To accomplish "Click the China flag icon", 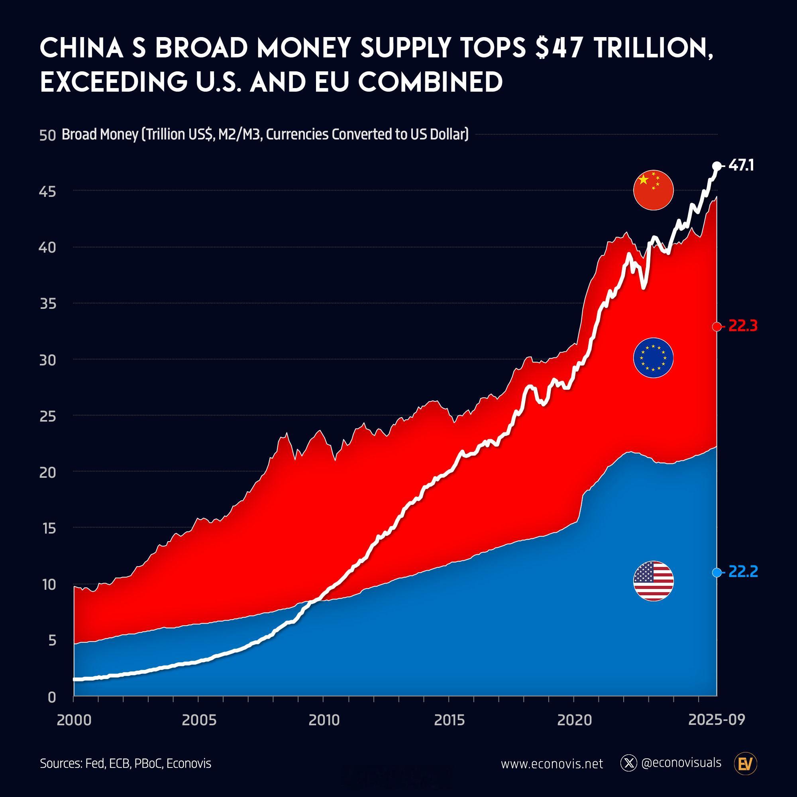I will [653, 190].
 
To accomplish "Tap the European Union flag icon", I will [653, 358].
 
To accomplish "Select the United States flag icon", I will [653, 581].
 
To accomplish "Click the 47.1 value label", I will [741, 166].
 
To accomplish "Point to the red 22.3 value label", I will [742, 326].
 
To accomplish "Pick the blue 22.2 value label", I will [742, 572].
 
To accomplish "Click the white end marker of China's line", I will [717, 166].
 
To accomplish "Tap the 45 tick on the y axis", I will [47, 192].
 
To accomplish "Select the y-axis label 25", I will [47, 417].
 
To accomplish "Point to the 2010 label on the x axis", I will [324, 720].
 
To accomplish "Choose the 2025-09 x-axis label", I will [717, 720].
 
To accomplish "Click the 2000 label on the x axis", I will [74, 720].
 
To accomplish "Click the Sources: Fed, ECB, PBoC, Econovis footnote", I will [126, 764].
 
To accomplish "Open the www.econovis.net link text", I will [552, 764].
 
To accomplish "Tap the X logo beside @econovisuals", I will [628, 764].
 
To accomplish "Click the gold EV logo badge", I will [746, 764].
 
